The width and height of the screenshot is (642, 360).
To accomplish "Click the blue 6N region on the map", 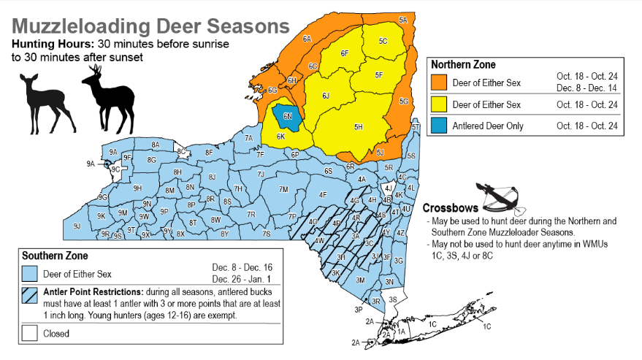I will (x=287, y=117).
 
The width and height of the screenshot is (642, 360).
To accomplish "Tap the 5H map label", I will (x=359, y=127).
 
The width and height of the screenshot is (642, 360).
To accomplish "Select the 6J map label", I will (x=326, y=96).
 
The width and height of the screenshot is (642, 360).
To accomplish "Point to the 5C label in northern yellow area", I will (x=383, y=42).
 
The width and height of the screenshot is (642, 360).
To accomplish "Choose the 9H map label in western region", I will (x=137, y=188).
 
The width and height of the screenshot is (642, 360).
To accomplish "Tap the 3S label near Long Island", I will (x=392, y=299).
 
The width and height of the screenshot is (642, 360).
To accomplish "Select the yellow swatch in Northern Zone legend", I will (x=440, y=105).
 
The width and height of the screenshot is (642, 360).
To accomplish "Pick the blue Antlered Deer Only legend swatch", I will (x=440, y=126).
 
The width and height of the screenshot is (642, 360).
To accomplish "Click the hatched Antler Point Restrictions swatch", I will (x=30, y=295).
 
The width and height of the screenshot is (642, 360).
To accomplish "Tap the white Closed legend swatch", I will (x=30, y=334).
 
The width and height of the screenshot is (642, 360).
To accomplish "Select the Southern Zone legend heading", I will (x=55, y=256).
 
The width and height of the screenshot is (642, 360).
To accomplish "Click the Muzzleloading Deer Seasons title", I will (x=150, y=26).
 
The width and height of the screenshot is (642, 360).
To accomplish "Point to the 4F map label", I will (x=322, y=195).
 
